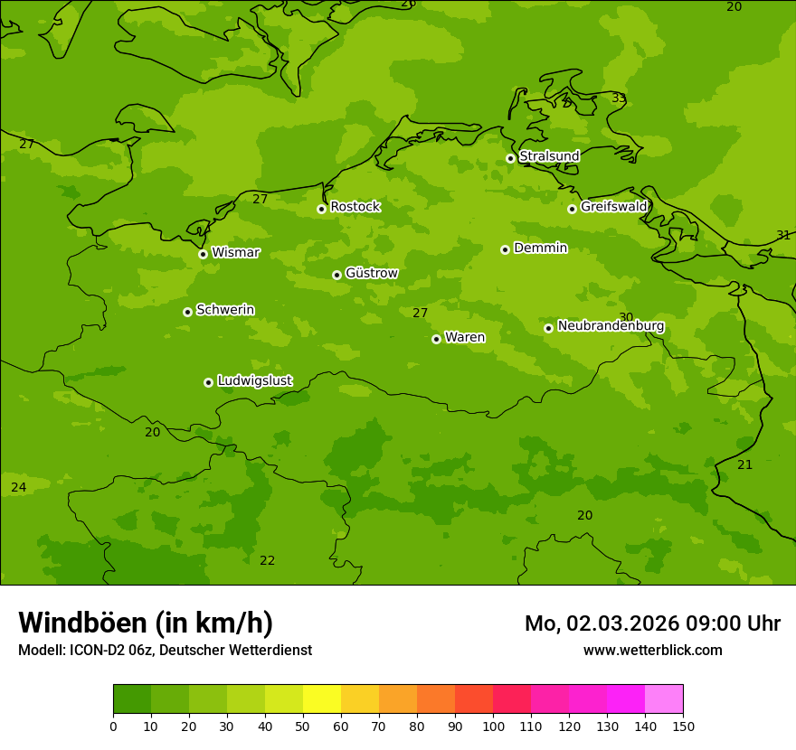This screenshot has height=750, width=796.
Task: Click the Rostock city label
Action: click(355, 207)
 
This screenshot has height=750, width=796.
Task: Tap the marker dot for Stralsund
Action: click(510, 158)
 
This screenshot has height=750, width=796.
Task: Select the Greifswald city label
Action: click(613, 207)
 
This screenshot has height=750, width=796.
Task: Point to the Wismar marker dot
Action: click(203, 254)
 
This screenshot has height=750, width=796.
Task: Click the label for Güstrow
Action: click(371, 273)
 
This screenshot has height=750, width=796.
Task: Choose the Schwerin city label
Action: click(224, 310)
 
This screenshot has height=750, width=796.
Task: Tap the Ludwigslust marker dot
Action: click(208, 382)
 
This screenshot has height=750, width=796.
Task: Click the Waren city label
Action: click(464, 338)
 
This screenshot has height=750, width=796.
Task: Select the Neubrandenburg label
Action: click(611, 326)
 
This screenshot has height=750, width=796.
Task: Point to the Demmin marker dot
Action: click(505, 249)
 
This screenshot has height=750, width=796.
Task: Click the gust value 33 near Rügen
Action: click(619, 98)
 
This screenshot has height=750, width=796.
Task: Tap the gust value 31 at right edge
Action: click(783, 235)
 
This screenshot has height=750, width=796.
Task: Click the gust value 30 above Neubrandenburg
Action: click(626, 317)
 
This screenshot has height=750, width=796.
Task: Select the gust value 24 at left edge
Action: click(18, 487)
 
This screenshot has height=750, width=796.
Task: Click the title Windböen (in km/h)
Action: click(146, 623)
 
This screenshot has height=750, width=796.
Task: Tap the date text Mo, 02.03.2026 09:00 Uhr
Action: click(652, 623)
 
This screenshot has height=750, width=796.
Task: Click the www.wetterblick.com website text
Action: click(652, 651)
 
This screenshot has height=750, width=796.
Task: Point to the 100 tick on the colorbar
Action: click(493, 726)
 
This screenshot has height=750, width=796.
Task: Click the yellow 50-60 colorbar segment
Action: click(322, 699)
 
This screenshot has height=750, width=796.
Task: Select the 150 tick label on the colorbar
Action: click(683, 726)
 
